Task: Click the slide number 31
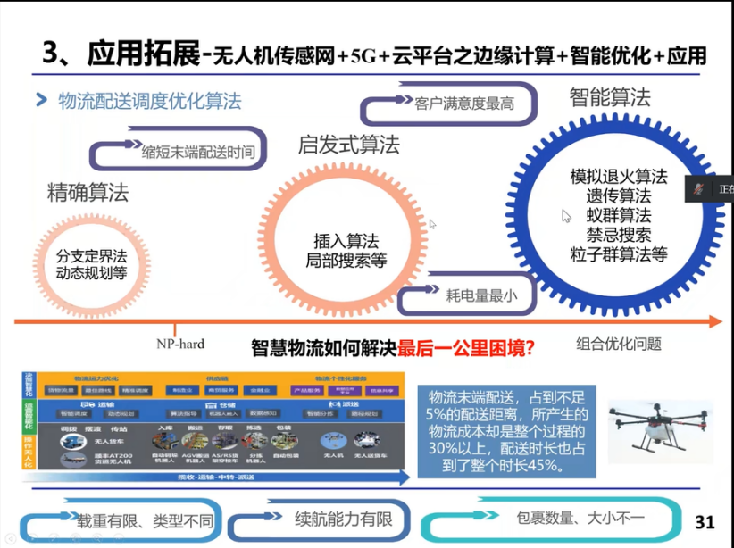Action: pos(705,521)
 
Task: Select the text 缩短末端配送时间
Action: pos(197,152)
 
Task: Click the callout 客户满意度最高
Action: pos(464,103)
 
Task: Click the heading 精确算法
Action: pos(88,192)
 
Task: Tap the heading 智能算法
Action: pos(610,97)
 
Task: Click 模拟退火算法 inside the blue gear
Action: pos(619,177)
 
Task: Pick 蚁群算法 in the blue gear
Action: pos(619,215)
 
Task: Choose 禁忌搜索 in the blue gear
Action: pos(619,235)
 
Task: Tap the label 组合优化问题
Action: pos(619,344)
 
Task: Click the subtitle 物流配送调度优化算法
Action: pos(149,100)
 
